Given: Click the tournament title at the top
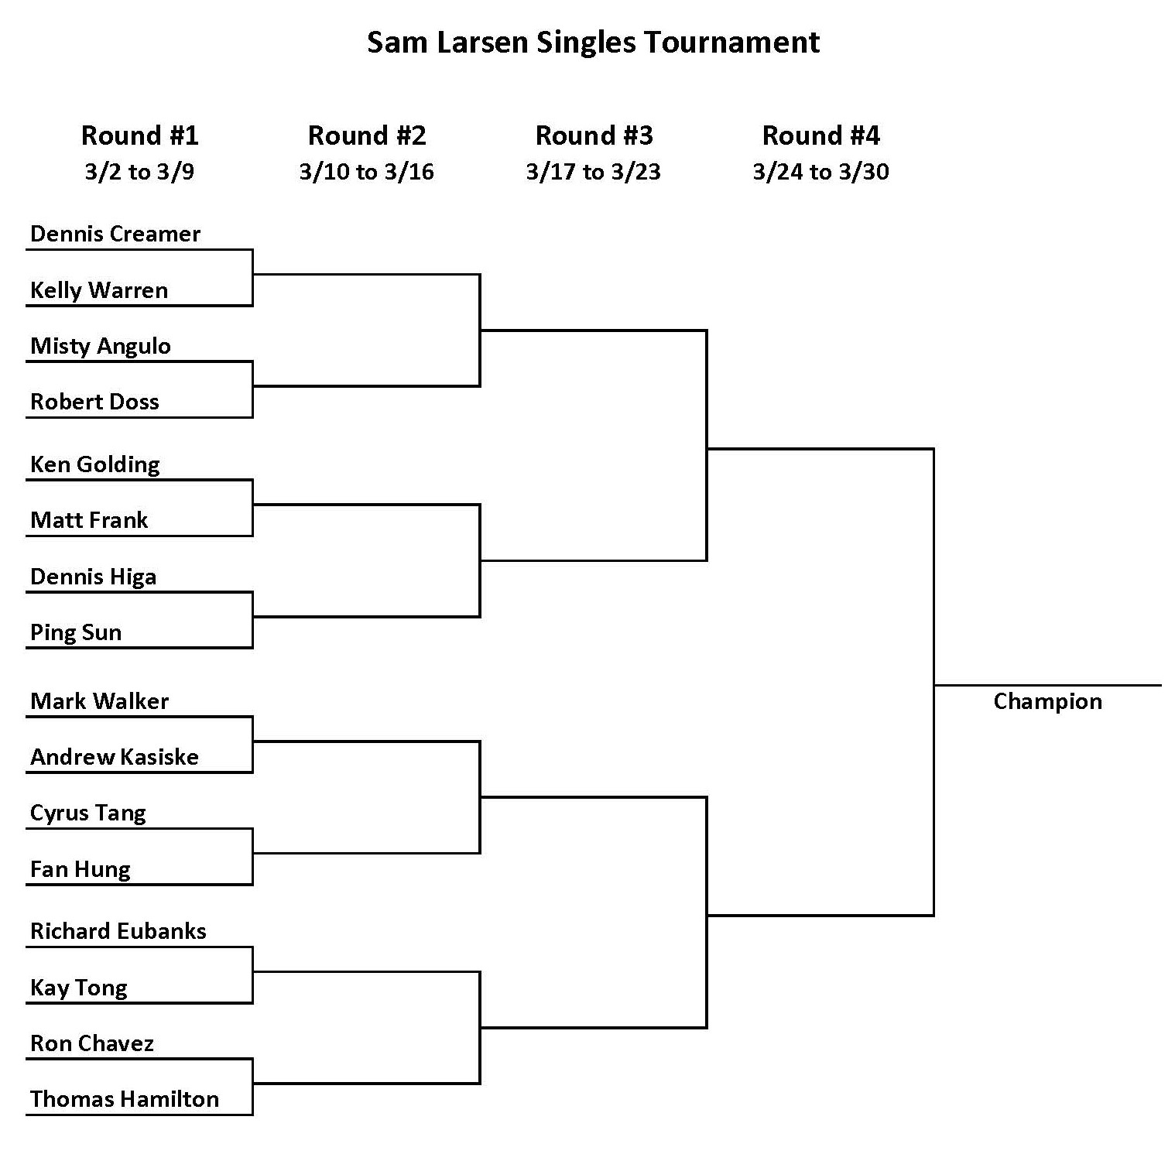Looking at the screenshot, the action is pos(593,43).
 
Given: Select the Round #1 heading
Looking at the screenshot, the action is pos(140,135).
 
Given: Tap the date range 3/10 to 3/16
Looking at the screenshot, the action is pos(367,171).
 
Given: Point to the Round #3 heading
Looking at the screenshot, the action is pos(594,135).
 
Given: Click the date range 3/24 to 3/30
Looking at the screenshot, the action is pos(821,171).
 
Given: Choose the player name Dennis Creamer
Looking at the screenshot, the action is pos(115,234).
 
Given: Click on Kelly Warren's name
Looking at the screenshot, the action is pos(99,290).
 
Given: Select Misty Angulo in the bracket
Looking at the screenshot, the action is pos(101,346).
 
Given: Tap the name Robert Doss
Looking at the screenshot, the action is pos(94,402).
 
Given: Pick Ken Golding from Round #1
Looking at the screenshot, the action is pos(95,464).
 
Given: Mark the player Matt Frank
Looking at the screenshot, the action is pos(89,520).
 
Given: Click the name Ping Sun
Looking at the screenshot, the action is pos(76,632).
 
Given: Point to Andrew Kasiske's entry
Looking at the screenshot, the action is pos(115,757).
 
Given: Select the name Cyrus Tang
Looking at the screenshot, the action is pos(88,813).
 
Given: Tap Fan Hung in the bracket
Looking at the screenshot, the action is pos(81,869).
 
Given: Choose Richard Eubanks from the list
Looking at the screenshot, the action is pos(118,931).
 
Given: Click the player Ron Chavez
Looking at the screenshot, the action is pos(92,1043).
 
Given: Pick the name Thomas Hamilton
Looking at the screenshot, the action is pos(125,1099).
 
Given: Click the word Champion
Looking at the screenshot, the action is pos(1047,701).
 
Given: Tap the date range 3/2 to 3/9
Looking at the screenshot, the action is pos(140,171).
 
